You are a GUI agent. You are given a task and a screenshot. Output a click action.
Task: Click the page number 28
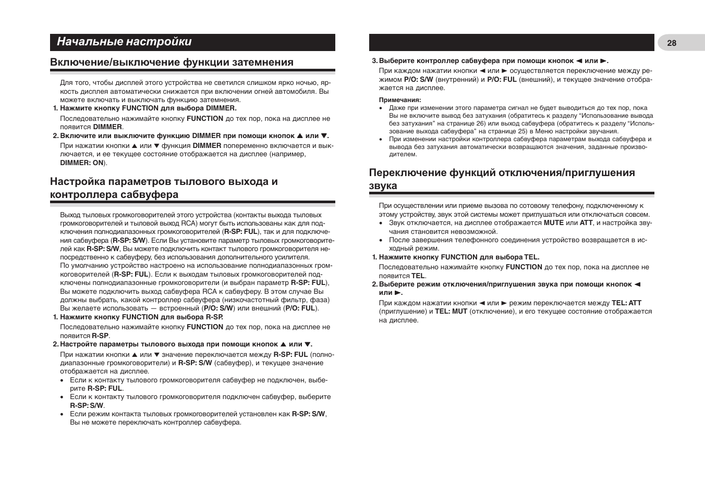pos(672,43)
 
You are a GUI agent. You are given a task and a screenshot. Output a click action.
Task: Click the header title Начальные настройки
pos(124,42)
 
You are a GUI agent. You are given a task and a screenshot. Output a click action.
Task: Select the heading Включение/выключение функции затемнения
pos(172,63)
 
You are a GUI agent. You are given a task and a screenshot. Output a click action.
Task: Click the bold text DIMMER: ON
pos(82,163)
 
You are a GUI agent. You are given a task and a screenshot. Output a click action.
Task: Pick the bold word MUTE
pos(553,223)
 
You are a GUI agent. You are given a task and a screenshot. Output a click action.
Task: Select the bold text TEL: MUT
pos(451,312)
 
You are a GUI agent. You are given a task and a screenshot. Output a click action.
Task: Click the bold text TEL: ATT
pos(626,303)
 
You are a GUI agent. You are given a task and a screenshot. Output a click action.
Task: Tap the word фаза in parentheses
pos(320,300)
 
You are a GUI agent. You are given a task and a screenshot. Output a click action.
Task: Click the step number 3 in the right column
pos(374,61)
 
